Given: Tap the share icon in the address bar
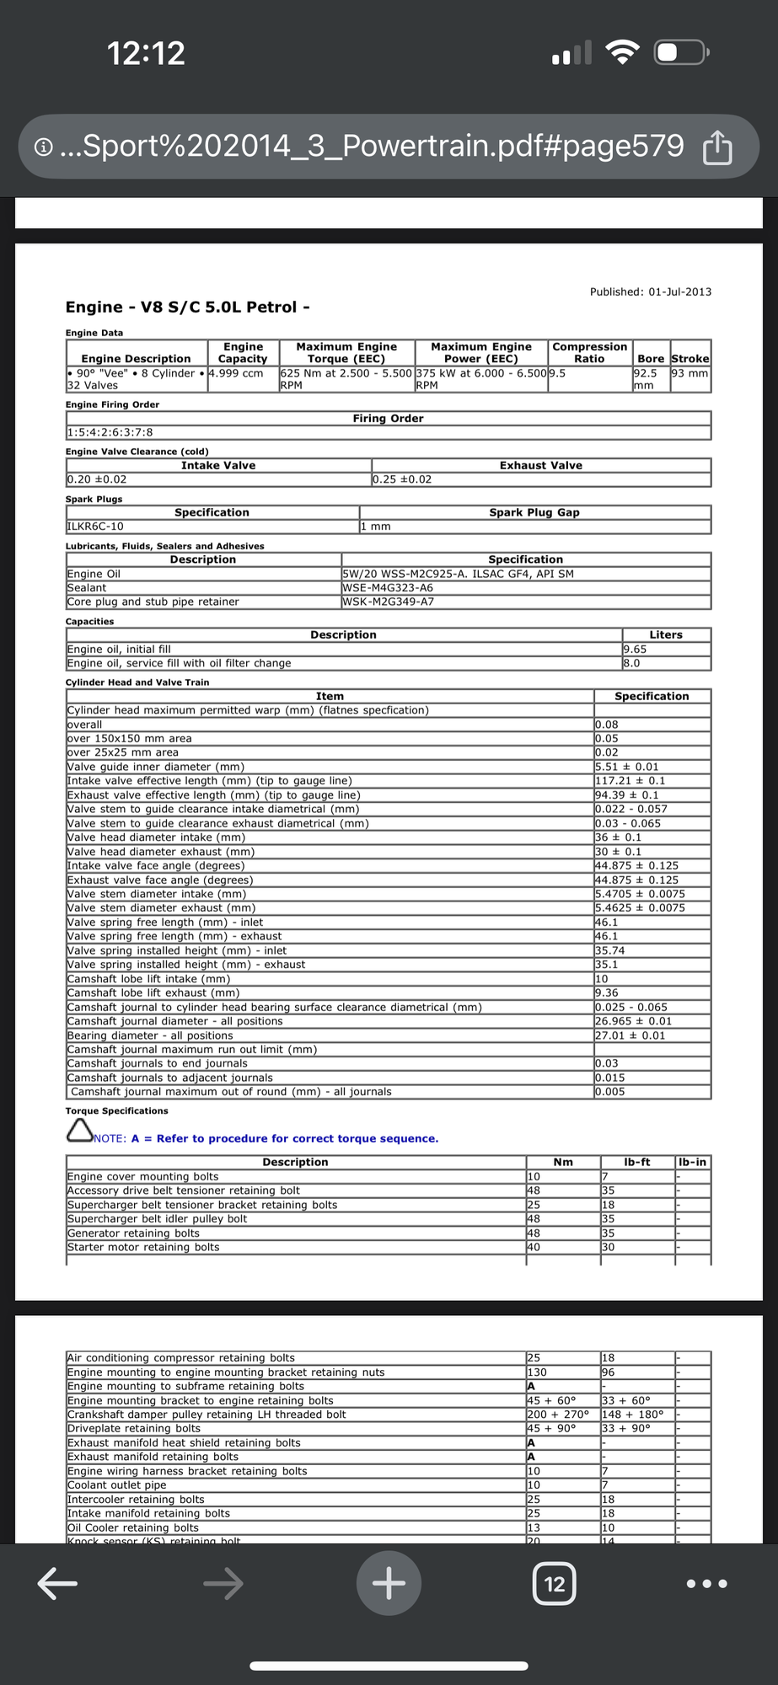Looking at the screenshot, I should (x=717, y=147).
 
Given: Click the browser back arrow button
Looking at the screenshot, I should (x=57, y=1584).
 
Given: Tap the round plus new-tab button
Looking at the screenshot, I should (x=389, y=1584).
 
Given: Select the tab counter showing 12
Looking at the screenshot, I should (x=555, y=1584).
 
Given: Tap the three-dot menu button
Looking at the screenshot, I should (x=707, y=1584).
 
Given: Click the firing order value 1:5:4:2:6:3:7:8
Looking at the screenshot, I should (x=110, y=433).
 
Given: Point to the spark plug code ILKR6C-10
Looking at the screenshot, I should (x=95, y=527).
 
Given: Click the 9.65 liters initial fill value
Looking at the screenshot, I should (x=635, y=649).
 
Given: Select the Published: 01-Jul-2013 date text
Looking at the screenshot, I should (x=651, y=292).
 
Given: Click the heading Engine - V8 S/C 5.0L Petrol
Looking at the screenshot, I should (x=187, y=308).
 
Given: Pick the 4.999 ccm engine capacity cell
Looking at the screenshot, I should (x=236, y=373).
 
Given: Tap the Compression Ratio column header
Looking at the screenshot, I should (x=589, y=352).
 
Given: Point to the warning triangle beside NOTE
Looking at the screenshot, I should (x=79, y=1131).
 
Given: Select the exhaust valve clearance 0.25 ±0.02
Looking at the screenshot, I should (x=402, y=479).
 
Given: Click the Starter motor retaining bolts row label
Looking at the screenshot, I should (x=143, y=1247).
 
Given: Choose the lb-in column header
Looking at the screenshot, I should (x=692, y=1162).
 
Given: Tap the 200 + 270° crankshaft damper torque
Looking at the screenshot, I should (x=558, y=1415).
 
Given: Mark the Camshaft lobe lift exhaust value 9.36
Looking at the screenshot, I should (x=607, y=992).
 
